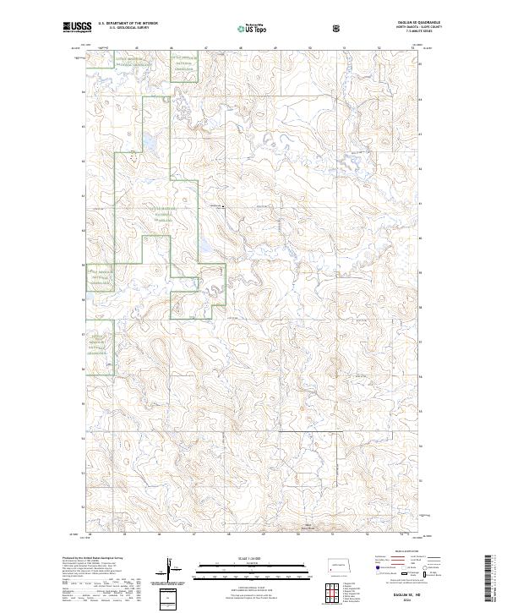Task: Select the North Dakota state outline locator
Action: tap(340, 566)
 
